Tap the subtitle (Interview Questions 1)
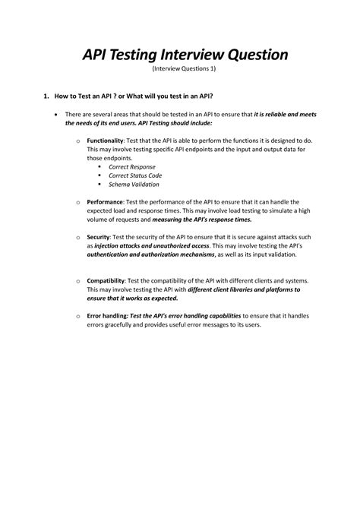coord(184,69)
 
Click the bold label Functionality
coord(105,141)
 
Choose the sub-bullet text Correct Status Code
coord(136,175)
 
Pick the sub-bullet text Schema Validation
coord(134,185)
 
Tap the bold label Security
coord(98,237)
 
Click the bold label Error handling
coord(107,315)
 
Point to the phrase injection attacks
coord(123,246)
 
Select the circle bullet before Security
coord(79,238)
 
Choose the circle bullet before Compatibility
coord(79,281)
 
